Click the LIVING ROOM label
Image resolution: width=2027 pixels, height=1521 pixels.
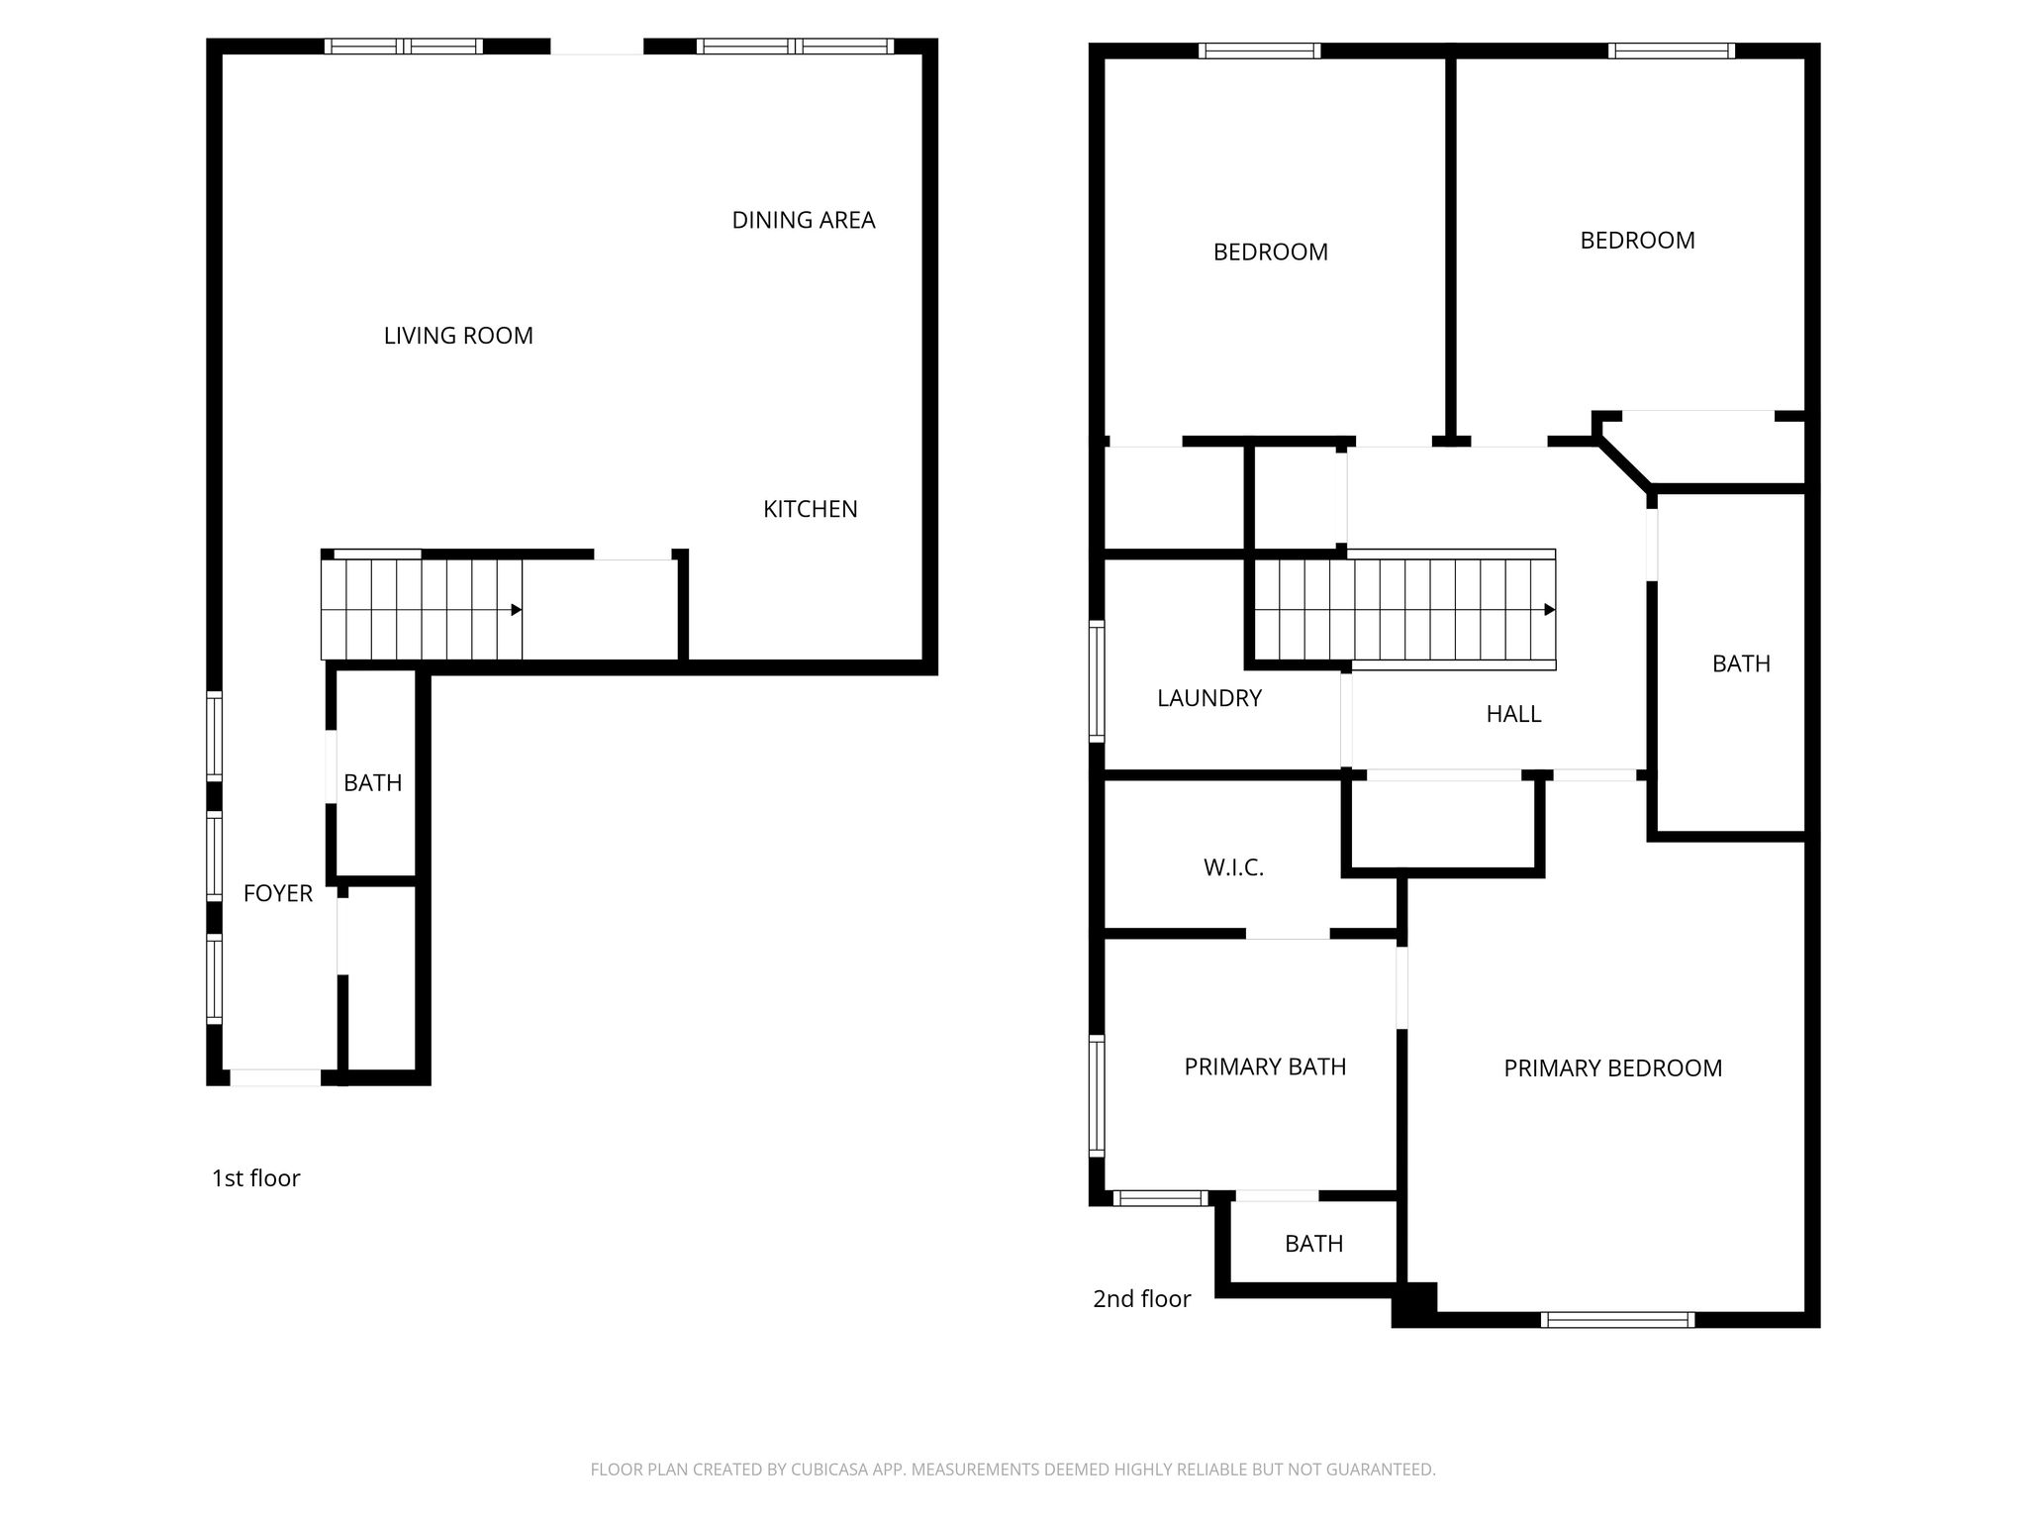point(458,336)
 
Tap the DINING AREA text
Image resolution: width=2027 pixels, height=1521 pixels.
point(804,220)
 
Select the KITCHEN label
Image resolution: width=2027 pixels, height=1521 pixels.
point(811,509)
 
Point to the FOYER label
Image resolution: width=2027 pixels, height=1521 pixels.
point(278,893)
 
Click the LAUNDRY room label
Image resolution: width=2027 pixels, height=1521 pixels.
point(1209,698)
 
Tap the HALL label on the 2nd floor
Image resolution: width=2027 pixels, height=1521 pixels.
point(1513,714)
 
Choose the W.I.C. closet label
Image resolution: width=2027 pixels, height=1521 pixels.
point(1233,867)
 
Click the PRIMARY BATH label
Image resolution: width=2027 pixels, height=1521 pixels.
point(1265,1066)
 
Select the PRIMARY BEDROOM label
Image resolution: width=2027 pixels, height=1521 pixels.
point(1613,1067)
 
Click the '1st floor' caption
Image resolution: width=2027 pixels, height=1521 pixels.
point(255,1177)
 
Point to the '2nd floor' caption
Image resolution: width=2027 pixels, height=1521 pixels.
point(1141,1298)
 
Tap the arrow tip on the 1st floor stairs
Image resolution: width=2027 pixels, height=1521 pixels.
point(521,610)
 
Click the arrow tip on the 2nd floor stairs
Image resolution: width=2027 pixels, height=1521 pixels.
point(1554,610)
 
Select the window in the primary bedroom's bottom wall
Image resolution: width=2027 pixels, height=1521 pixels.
point(1617,1319)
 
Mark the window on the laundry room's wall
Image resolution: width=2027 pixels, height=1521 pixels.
point(1097,680)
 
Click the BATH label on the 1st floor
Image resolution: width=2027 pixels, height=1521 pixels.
point(372,782)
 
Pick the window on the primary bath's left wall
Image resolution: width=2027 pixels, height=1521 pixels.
point(1097,1095)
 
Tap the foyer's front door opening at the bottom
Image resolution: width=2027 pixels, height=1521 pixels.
point(275,1077)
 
